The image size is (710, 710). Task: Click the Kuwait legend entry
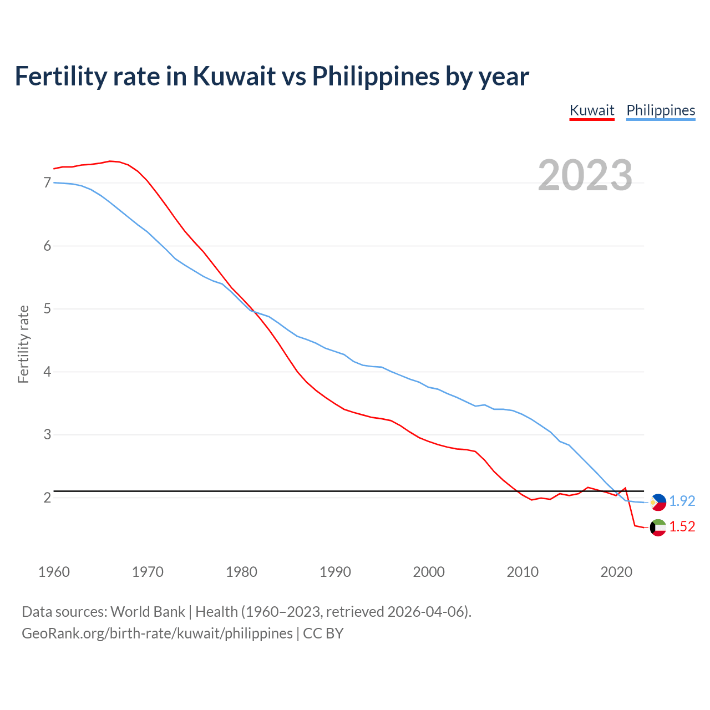click(x=592, y=110)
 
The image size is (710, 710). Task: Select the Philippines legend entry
click(x=661, y=110)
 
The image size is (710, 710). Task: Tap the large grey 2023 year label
click(x=585, y=175)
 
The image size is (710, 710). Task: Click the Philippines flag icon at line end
click(x=658, y=502)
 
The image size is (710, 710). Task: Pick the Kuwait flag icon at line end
click(x=658, y=528)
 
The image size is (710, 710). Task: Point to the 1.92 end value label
click(x=682, y=501)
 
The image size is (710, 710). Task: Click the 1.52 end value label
click(x=682, y=526)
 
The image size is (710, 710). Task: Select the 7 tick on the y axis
click(x=47, y=182)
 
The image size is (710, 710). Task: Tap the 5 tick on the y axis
click(x=47, y=308)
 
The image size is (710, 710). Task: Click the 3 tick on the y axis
click(x=47, y=434)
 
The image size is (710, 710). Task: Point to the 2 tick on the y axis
click(x=47, y=498)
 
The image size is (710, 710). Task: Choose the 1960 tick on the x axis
click(x=54, y=572)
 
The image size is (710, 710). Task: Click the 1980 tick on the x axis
click(x=241, y=572)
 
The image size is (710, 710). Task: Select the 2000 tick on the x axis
click(x=429, y=572)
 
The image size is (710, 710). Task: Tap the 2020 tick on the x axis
click(x=616, y=572)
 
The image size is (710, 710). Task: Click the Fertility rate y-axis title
click(x=23, y=344)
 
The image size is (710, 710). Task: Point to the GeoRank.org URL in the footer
click(x=157, y=633)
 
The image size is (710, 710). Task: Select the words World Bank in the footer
click(x=148, y=612)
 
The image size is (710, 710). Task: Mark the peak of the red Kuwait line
click(x=110, y=161)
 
